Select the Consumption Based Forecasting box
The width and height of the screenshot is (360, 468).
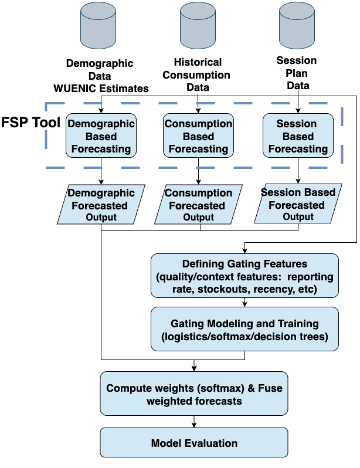point(198,135)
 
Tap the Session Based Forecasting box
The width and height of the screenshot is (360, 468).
point(297,135)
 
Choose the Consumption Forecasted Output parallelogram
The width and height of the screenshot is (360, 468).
point(199,205)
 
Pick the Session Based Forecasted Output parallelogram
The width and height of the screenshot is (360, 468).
point(298,205)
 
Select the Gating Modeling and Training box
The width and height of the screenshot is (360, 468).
point(244,330)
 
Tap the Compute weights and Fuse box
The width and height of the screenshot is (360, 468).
point(193,394)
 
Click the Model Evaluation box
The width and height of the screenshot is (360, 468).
point(193,443)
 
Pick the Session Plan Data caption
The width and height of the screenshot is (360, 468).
point(297,73)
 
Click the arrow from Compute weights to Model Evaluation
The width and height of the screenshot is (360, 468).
point(193,421)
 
